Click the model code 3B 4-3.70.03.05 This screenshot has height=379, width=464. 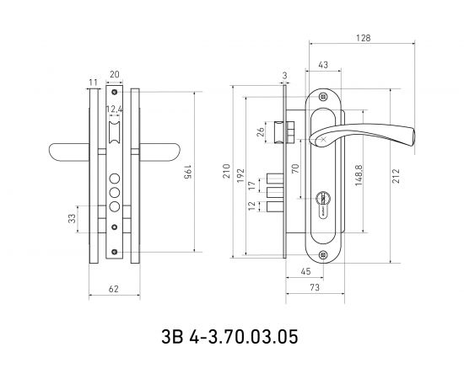[x=229, y=337]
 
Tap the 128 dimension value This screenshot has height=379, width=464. [x=363, y=38]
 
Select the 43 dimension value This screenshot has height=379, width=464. [x=323, y=65]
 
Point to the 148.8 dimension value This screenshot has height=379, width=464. [x=359, y=175]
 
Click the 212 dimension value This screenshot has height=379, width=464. [x=396, y=176]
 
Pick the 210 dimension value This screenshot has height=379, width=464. [x=226, y=171]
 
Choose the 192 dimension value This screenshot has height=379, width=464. [x=240, y=175]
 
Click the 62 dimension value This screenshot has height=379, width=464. [x=113, y=289]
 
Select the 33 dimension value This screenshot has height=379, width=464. [x=72, y=219]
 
